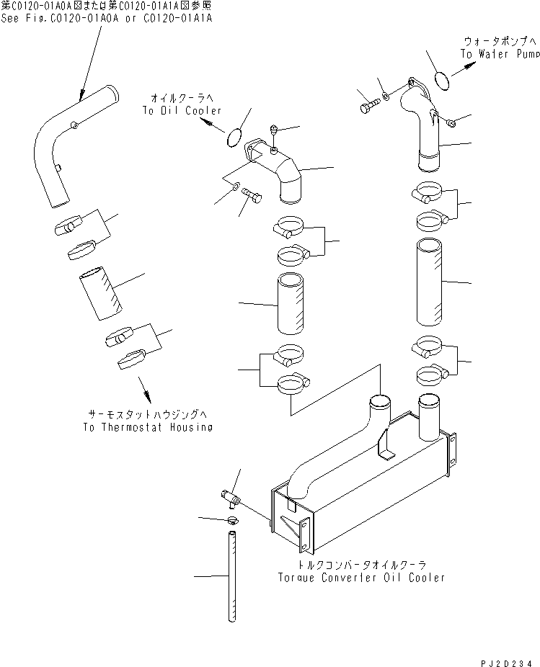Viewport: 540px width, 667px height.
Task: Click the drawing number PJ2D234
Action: [x=506, y=663]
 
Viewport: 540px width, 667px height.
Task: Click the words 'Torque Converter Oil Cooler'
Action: [x=361, y=577]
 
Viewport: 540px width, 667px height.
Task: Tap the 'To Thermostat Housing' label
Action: [x=148, y=426]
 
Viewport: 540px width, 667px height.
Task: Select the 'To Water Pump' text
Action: [x=500, y=53]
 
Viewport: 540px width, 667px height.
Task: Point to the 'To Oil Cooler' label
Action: [x=182, y=110]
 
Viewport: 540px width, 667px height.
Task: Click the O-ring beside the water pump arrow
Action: [x=442, y=81]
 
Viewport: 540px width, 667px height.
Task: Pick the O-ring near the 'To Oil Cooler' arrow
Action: [x=234, y=138]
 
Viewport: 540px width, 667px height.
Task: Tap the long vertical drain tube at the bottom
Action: [x=232, y=576]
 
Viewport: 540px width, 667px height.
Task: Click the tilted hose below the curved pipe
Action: [x=100, y=293]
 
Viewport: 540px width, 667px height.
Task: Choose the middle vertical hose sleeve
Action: [x=291, y=305]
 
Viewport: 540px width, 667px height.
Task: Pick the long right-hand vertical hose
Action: [x=429, y=282]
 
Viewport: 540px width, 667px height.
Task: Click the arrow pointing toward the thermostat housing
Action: [x=144, y=389]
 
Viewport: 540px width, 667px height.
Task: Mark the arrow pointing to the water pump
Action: [x=464, y=69]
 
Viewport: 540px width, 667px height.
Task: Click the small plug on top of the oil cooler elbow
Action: [x=274, y=129]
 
